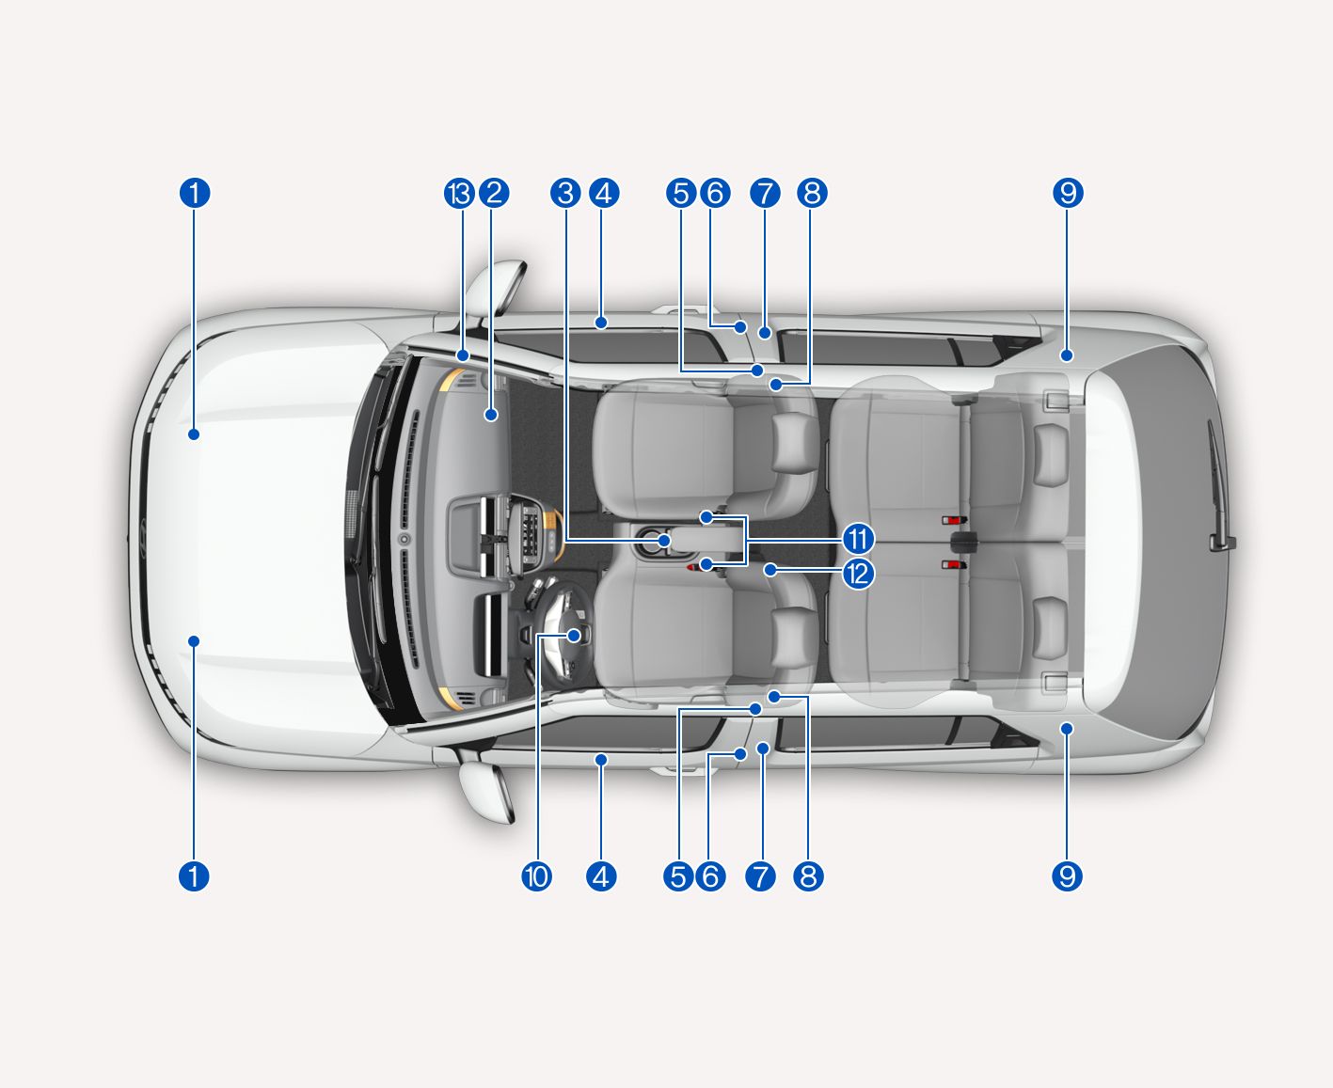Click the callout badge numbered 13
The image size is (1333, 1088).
[x=459, y=194]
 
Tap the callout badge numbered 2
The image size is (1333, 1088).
[x=494, y=194]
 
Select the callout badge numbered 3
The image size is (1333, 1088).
[x=565, y=194]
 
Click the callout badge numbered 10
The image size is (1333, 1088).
[x=536, y=876]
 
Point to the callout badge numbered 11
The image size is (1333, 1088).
[x=858, y=540]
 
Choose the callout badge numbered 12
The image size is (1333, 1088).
[x=858, y=575]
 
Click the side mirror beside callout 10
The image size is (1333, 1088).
[x=486, y=791]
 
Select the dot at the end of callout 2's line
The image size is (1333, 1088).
[x=491, y=415]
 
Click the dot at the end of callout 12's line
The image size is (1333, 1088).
[x=770, y=570]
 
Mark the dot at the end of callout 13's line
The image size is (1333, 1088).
[x=463, y=355]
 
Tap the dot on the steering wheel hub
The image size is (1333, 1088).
[x=574, y=636]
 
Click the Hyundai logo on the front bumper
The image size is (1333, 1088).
[x=142, y=539]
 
